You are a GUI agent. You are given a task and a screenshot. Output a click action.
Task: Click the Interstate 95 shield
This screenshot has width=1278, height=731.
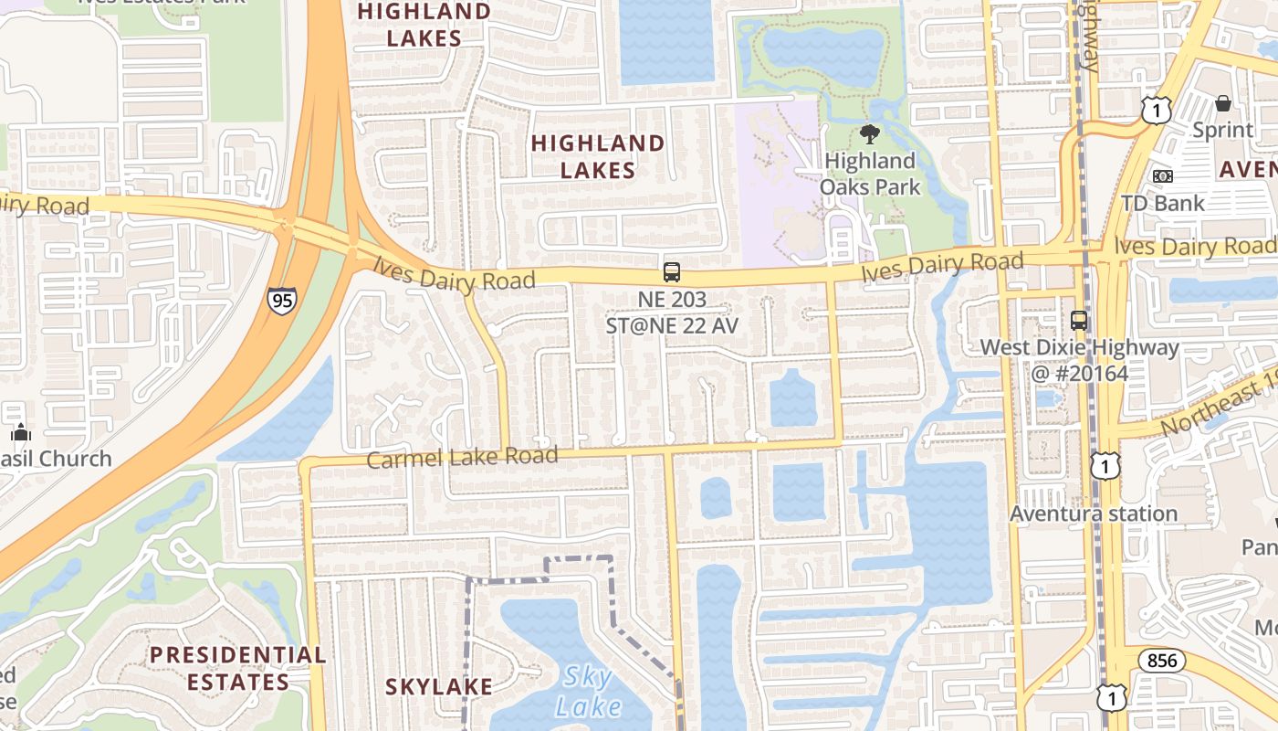pos(281,301)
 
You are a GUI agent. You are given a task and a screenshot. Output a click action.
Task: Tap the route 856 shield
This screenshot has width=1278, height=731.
pos(1161,661)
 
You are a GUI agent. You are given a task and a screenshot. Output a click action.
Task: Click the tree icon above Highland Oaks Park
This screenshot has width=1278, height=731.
pos(870,134)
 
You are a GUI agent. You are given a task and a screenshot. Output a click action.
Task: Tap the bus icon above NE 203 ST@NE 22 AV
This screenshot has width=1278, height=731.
pos(672,272)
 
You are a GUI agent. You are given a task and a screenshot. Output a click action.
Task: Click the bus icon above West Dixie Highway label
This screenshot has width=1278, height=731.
pos(1079,321)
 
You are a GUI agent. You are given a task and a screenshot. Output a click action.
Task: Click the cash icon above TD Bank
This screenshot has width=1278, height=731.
pos(1162,175)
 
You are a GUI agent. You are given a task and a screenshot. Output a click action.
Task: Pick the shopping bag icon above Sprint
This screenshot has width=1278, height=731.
pos(1223,104)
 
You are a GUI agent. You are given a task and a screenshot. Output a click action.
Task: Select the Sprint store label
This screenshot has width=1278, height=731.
pos(1223,130)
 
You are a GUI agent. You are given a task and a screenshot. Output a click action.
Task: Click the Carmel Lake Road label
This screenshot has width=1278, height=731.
pos(462,456)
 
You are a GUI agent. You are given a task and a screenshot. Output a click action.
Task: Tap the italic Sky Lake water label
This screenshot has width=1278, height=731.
pos(588,692)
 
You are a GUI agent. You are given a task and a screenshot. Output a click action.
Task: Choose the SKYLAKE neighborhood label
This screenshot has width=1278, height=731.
pos(439,687)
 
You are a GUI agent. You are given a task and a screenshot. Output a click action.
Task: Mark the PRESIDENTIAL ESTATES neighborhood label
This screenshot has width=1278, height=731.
pos(237,668)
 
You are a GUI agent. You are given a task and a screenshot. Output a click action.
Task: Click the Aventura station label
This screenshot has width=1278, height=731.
pos(1093,514)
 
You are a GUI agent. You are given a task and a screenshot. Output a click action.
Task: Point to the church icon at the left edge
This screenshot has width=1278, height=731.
pos(21,432)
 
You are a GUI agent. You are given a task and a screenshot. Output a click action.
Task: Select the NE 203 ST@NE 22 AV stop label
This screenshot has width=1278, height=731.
pos(672,313)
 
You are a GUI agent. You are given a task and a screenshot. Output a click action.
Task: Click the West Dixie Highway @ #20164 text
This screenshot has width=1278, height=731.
pos(1079,360)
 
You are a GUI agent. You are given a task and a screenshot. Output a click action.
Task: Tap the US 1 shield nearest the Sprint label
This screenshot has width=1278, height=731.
pos(1156,111)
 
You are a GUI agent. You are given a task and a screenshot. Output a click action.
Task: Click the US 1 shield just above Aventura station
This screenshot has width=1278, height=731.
pos(1105,466)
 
